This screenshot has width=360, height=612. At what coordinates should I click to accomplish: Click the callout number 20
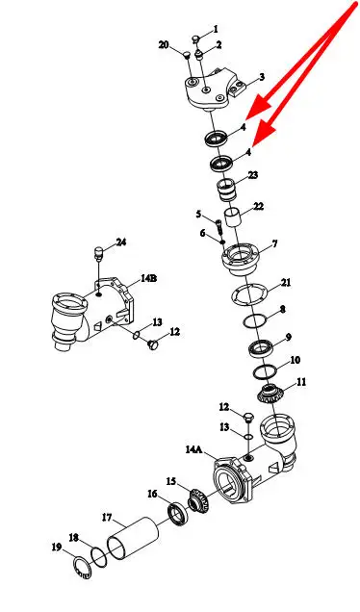(164, 45)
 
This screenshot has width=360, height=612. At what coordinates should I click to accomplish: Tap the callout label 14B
(149, 279)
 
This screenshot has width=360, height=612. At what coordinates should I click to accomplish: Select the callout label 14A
(194, 449)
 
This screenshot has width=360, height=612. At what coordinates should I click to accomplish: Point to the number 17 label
(107, 518)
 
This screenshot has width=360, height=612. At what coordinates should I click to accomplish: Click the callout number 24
(121, 242)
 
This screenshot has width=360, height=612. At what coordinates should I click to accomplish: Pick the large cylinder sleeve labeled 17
(133, 538)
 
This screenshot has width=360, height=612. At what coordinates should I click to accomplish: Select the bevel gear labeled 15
(199, 499)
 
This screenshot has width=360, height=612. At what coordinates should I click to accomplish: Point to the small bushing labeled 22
(233, 219)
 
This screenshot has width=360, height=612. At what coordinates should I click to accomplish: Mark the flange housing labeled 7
(241, 258)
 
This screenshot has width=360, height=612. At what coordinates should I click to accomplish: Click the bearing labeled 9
(261, 348)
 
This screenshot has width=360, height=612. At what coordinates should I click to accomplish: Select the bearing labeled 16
(178, 514)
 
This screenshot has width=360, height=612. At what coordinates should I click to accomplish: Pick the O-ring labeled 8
(255, 321)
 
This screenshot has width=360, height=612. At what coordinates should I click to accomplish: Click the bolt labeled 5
(219, 227)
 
